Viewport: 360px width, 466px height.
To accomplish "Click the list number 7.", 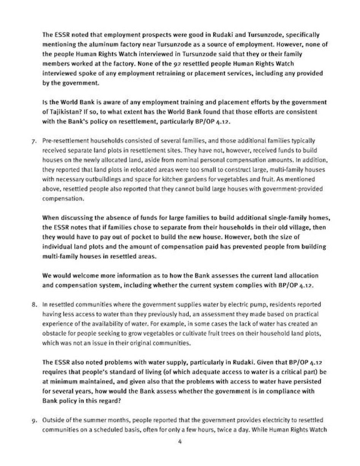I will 33,141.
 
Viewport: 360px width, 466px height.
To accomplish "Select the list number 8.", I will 33,305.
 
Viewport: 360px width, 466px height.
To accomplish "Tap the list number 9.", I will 33,420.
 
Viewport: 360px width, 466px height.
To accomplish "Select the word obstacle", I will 53,334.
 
